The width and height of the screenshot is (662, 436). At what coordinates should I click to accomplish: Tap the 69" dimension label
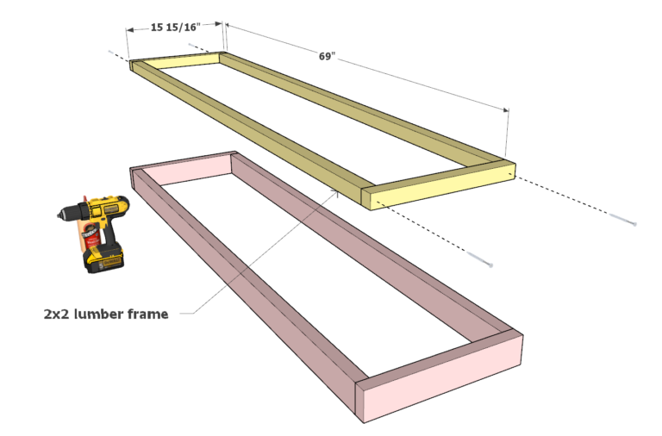pos(327,57)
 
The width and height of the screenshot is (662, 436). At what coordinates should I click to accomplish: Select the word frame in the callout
pos(149,314)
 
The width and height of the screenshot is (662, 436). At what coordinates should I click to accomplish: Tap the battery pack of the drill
pos(104,256)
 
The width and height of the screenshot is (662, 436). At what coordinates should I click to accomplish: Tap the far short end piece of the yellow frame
pos(176,60)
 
